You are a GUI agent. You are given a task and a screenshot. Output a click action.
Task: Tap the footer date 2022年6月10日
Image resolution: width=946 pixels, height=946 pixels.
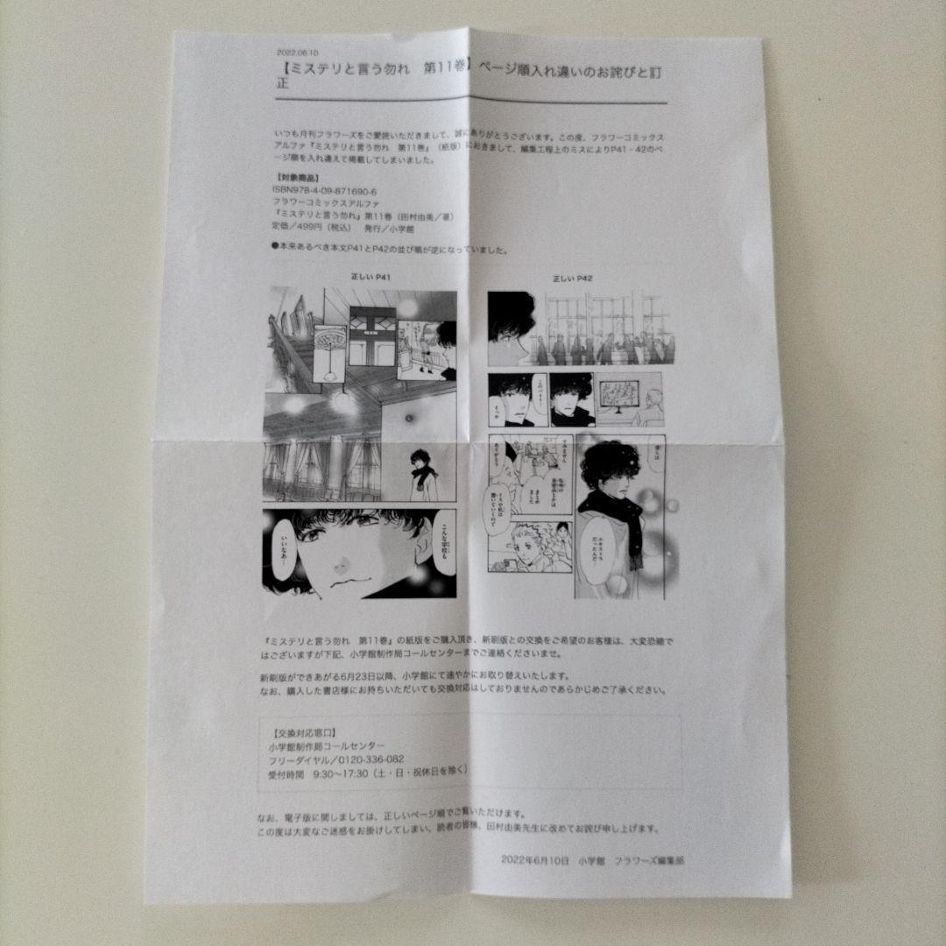coord(535,861)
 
